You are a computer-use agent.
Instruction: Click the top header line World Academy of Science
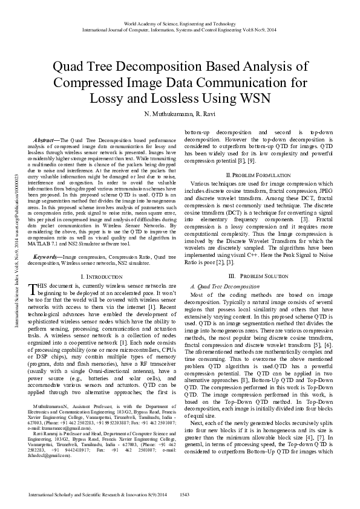click(x=180, y=23)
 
